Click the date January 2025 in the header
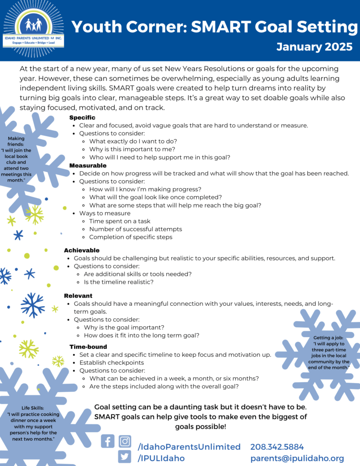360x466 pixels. coord(314,46)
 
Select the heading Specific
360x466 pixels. coord(82,118)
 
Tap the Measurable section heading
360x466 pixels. coord(88,165)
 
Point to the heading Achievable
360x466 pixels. coord(81,250)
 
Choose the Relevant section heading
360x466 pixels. coord(78,296)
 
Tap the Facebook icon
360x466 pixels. coord(108,441)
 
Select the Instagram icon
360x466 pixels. coord(125,441)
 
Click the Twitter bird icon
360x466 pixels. coord(125,457)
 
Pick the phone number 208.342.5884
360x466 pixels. coord(277,447)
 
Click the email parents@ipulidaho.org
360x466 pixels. coord(297,458)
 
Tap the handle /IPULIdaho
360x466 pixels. coord(161,458)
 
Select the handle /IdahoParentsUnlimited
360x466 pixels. coord(189,447)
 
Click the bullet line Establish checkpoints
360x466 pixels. coord(112,363)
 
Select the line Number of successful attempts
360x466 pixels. coord(136,229)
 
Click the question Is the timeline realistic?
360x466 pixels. coord(119,282)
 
